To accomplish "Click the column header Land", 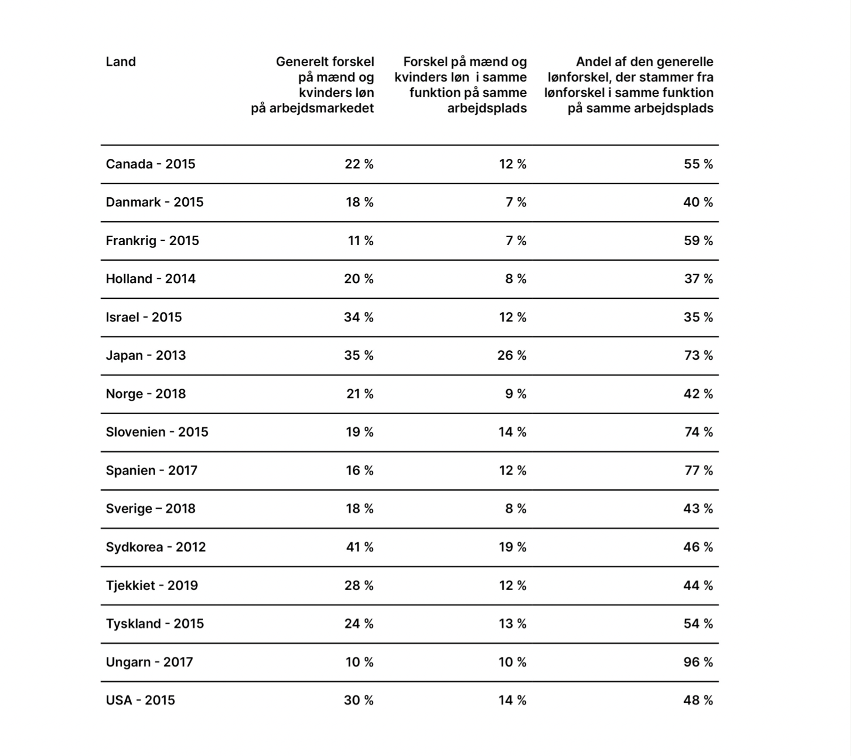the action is click(121, 62).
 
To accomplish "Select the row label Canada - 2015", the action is click(150, 164).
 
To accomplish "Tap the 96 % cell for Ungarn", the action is click(698, 662).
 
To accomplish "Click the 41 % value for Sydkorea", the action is click(359, 547).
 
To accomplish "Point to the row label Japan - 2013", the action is click(146, 356).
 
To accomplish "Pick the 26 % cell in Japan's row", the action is click(512, 356).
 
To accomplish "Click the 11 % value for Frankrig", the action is click(360, 241).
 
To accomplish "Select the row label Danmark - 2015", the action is click(155, 203).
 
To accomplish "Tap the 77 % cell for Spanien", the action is click(699, 471).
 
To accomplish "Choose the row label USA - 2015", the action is click(140, 701).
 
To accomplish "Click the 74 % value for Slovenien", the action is click(699, 432).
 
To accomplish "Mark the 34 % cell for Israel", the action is click(359, 318).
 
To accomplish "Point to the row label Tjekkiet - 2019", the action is click(152, 585).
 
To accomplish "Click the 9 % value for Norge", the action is click(516, 394).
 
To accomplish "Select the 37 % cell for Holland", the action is click(699, 279).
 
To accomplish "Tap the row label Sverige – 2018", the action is click(150, 509).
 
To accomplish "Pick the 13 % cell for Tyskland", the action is click(512, 624).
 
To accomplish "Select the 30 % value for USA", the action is click(359, 701).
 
